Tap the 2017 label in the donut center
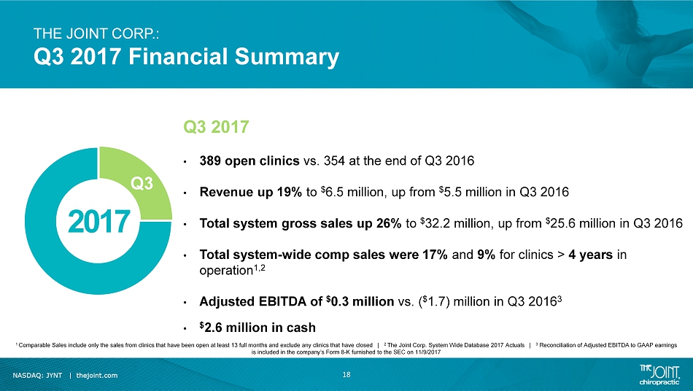99,222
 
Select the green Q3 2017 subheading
216,127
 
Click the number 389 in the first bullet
210,160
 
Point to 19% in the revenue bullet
290,192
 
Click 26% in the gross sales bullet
389,223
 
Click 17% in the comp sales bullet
435,255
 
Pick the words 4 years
590,255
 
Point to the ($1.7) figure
433,301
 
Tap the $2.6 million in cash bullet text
258,328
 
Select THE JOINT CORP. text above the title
96,34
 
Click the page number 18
346,375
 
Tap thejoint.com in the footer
97,376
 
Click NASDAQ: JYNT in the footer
37,376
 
